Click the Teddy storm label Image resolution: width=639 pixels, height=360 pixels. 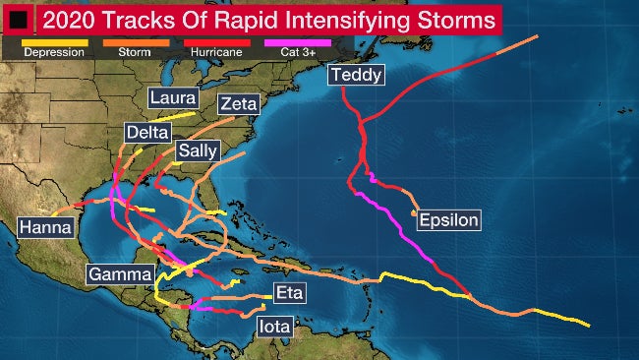(356, 76)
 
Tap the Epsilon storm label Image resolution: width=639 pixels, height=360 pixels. (448, 220)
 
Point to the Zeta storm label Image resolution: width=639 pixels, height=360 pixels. (240, 104)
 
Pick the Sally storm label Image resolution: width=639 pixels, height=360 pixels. (198, 150)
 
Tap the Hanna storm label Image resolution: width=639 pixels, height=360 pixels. (46, 227)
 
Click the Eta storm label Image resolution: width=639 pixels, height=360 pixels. (288, 292)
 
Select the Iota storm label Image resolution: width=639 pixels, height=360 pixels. (272, 326)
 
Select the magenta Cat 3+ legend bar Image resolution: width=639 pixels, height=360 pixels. (298, 41)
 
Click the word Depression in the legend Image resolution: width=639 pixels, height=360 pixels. (54, 51)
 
